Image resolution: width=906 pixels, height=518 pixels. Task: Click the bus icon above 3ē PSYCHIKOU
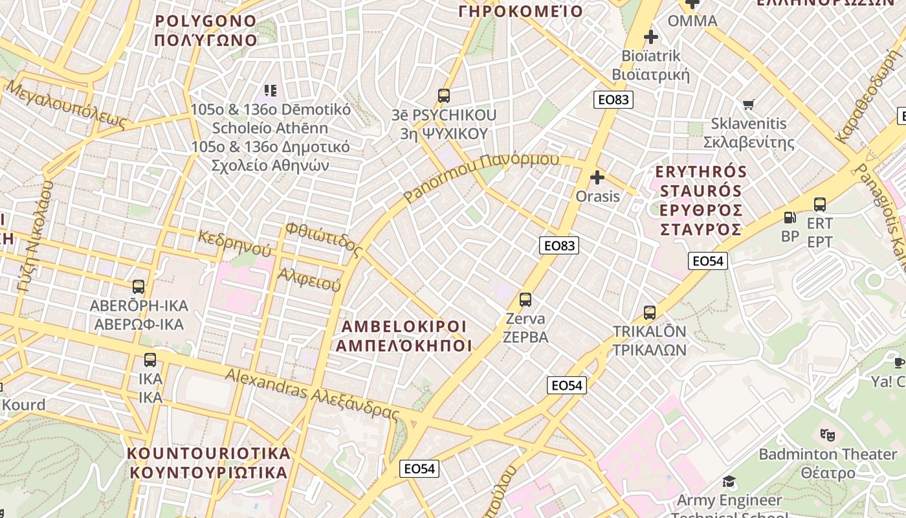[x=444, y=96]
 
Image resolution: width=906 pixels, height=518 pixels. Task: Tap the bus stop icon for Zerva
[x=525, y=300]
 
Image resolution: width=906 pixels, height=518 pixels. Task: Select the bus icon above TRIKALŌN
[x=650, y=313]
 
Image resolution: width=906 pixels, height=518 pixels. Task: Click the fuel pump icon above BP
[x=790, y=218]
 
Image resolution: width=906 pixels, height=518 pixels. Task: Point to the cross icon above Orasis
[x=597, y=177]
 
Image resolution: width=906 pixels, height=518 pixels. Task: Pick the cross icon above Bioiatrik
[x=651, y=37]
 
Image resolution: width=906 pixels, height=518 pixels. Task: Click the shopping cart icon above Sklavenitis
[x=749, y=104]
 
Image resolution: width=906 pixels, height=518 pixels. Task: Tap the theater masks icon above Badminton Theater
[x=827, y=434]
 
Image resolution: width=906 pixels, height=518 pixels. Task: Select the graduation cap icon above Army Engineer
[x=729, y=481]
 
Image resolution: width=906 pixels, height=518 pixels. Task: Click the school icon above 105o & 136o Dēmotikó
[x=271, y=91]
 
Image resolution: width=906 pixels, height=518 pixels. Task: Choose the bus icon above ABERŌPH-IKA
[x=138, y=286]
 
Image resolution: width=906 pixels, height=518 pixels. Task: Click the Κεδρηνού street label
[x=234, y=243]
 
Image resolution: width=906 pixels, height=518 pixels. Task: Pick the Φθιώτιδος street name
[x=323, y=237]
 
